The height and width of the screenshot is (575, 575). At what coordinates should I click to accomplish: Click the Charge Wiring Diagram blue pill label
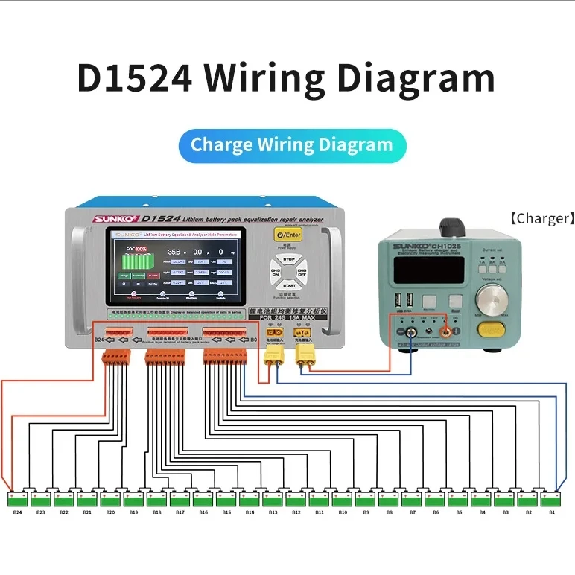(292, 144)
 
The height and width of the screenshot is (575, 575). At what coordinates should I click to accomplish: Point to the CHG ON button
(275, 272)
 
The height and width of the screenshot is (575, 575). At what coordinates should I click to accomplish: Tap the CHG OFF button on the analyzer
(302, 272)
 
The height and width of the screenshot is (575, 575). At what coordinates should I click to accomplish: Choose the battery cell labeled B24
(17, 497)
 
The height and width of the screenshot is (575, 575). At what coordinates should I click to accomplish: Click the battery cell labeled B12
(296, 497)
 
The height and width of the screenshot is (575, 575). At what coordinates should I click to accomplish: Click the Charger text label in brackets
(541, 218)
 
